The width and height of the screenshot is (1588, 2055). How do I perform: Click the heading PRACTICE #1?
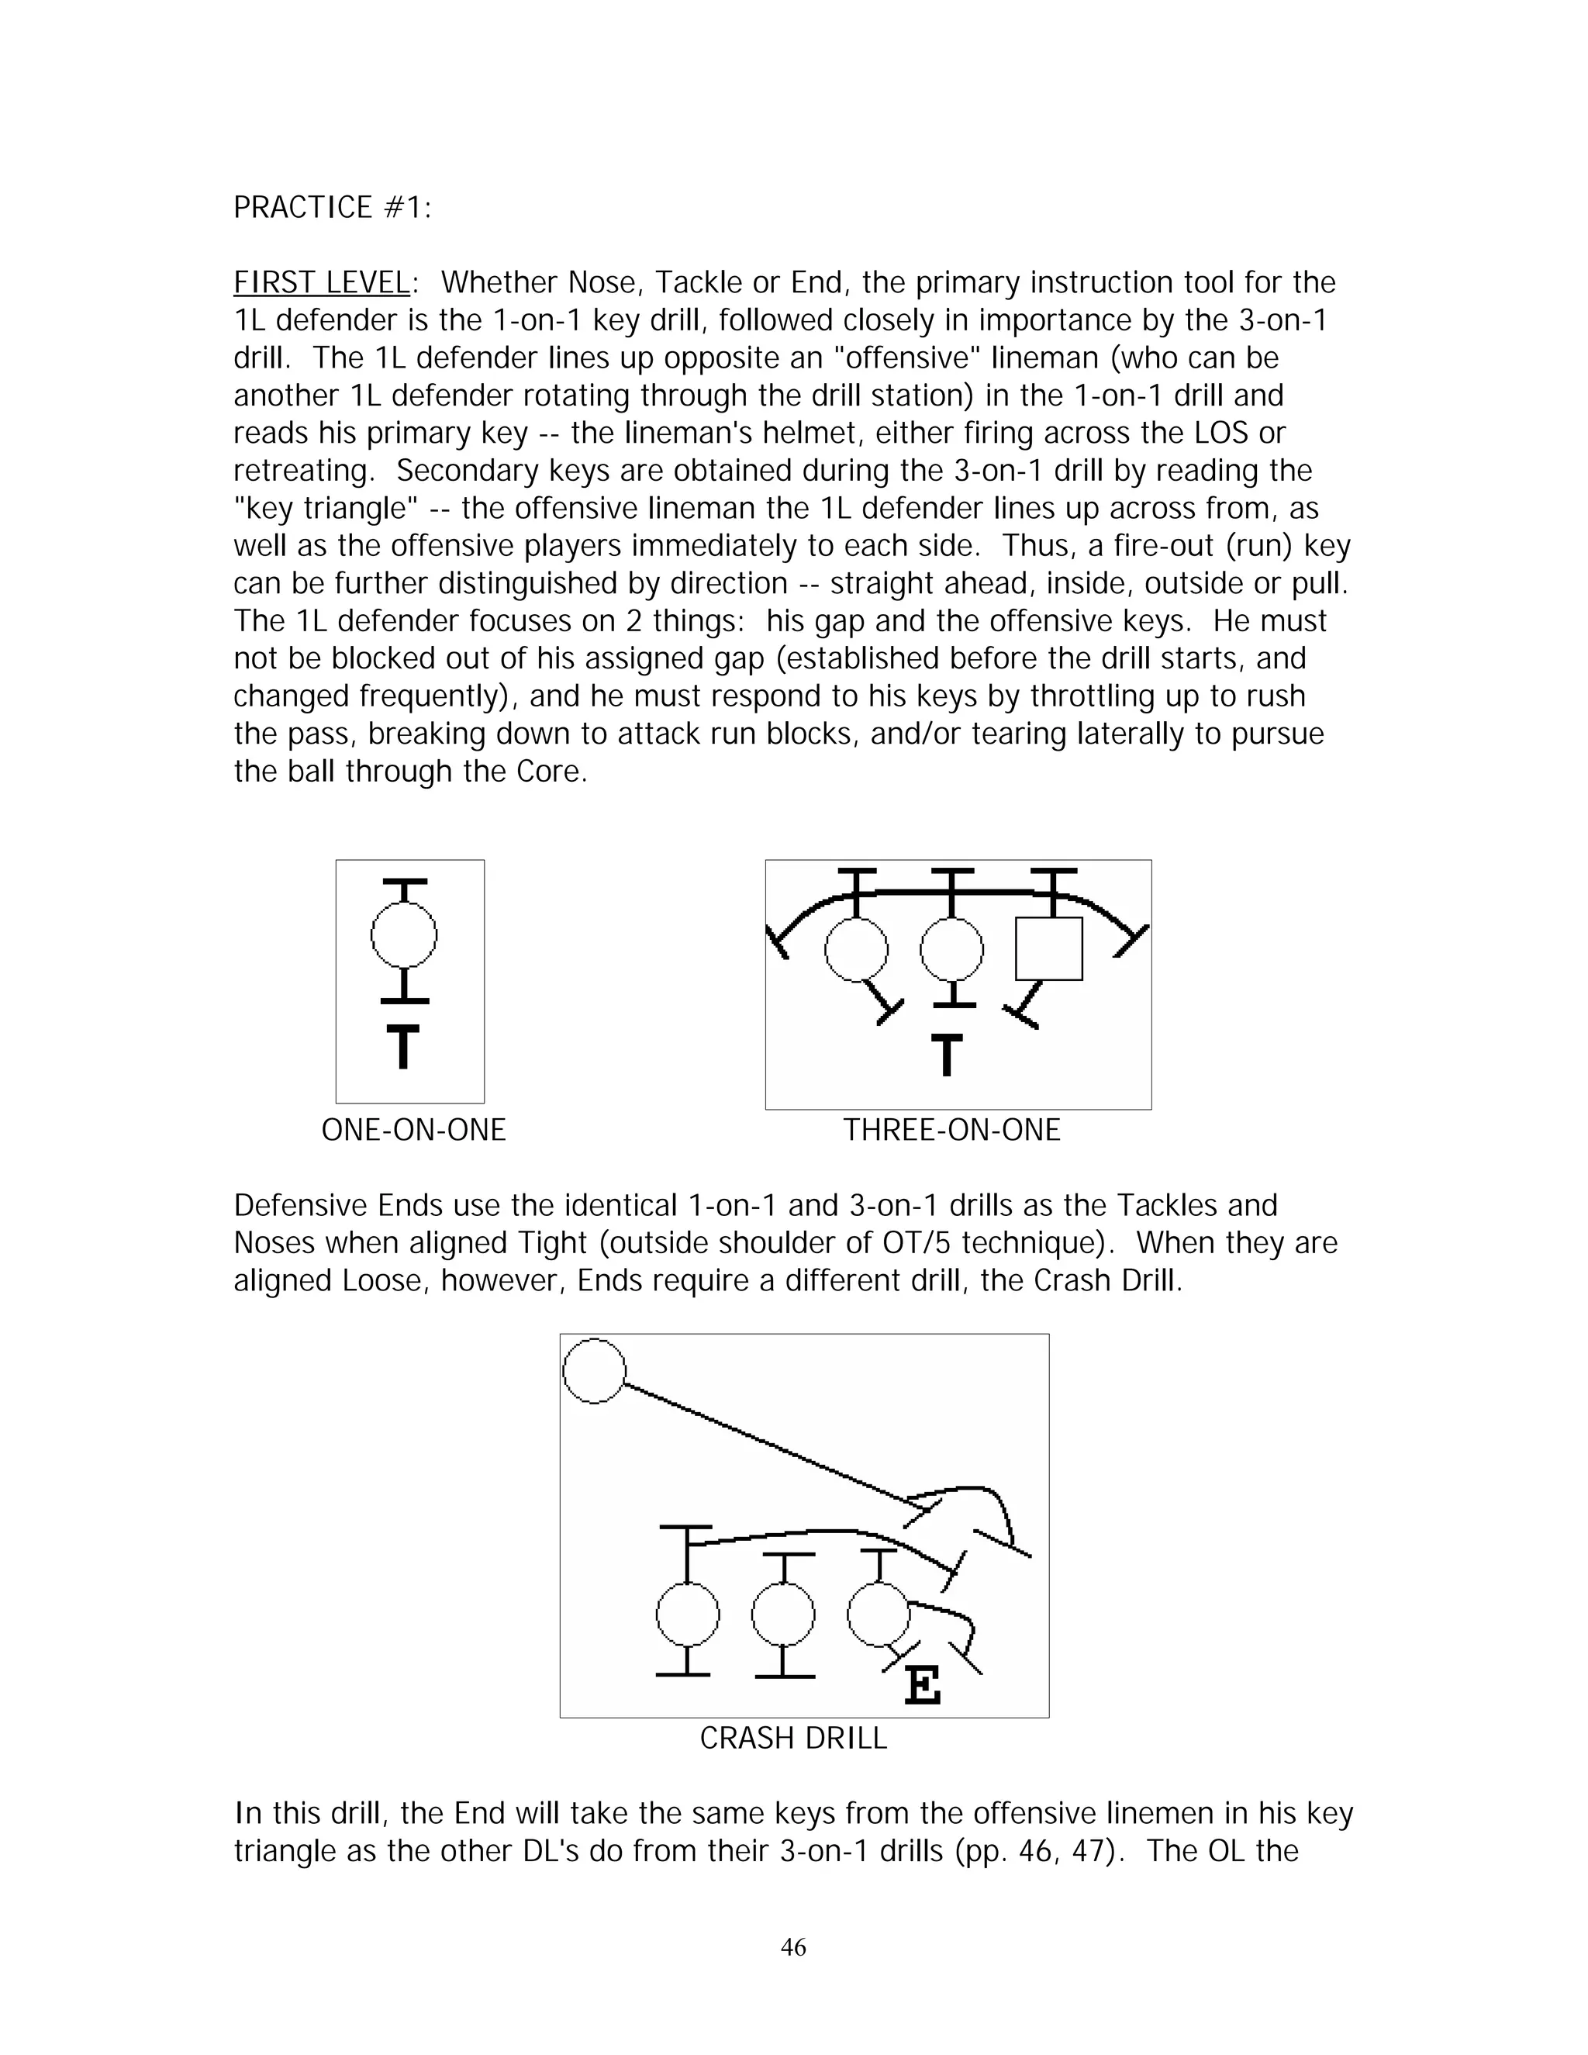[332, 207]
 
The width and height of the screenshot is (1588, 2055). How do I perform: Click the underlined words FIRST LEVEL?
[321, 282]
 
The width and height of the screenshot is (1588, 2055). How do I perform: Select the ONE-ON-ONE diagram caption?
[413, 1129]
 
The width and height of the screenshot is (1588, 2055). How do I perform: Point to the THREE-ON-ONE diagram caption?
[951, 1129]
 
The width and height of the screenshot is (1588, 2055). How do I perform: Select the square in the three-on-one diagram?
[1049, 948]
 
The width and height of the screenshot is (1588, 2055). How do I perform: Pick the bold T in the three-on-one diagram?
[948, 1055]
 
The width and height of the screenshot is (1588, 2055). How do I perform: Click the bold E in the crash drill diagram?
[922, 1684]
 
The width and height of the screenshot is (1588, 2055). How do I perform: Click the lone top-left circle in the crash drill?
[595, 1371]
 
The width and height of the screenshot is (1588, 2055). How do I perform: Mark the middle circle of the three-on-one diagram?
[952, 948]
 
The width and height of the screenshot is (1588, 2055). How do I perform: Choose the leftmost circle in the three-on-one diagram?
[856, 948]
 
